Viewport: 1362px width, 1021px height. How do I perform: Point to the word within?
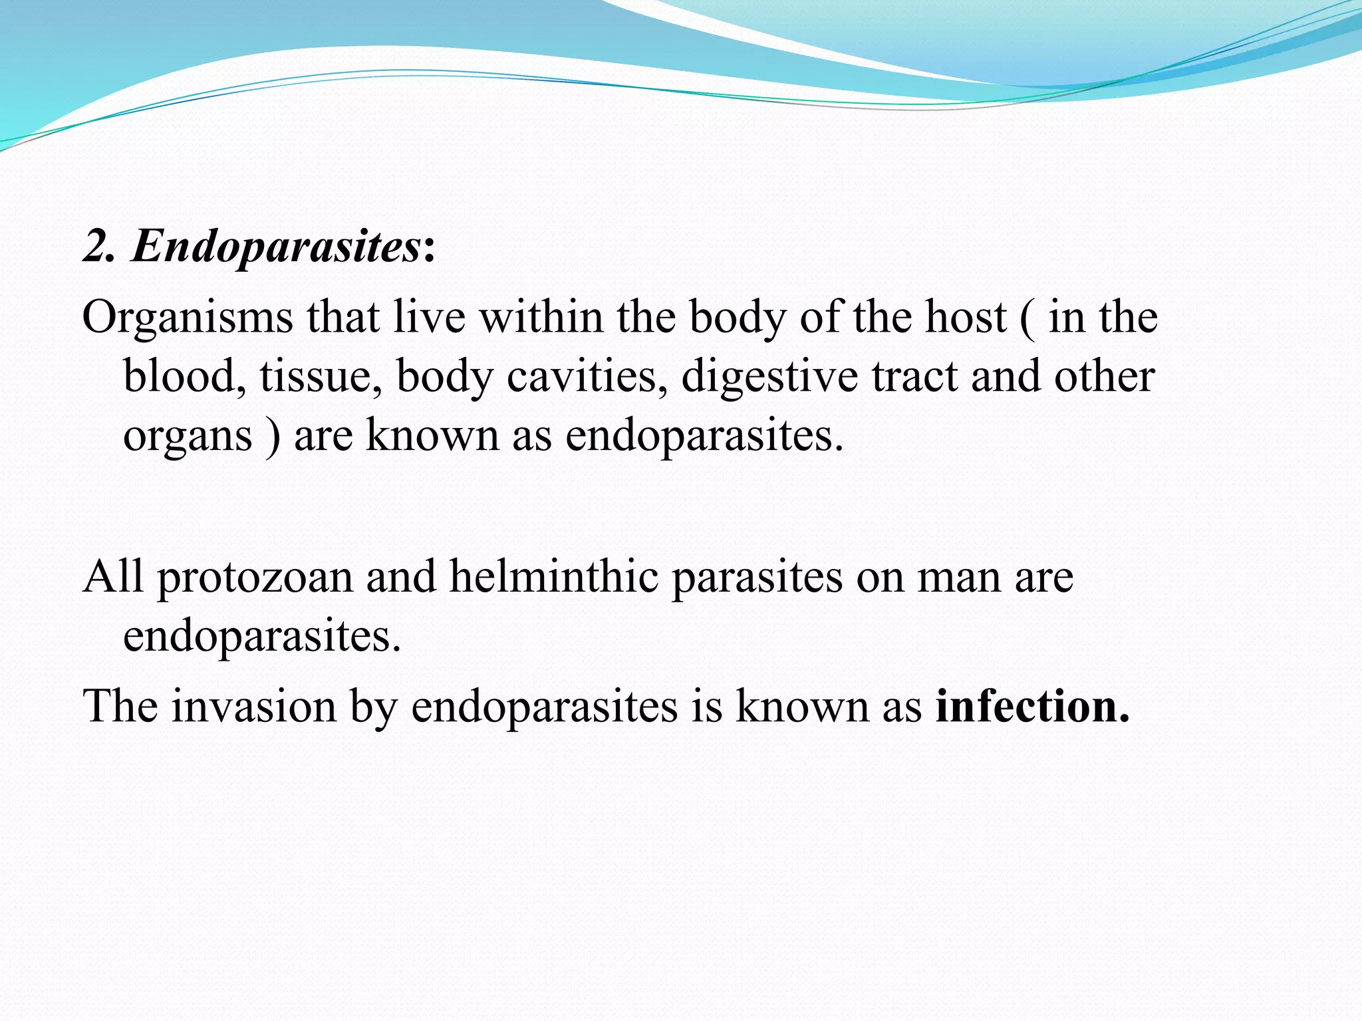[541, 317]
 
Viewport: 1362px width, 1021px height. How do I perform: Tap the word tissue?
[321, 376]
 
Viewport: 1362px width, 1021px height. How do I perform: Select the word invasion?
[254, 706]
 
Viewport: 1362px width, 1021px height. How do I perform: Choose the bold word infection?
[1031, 706]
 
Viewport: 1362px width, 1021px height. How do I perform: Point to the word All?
[113, 576]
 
